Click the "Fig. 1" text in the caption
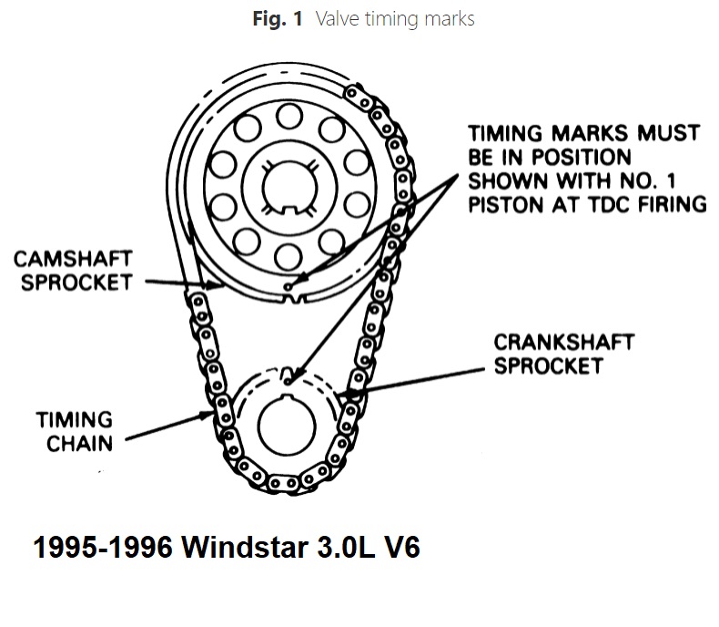pos(278,18)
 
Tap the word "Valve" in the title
pos(337,18)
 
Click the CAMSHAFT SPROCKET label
pos(74,271)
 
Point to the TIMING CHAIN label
pos(74,431)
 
